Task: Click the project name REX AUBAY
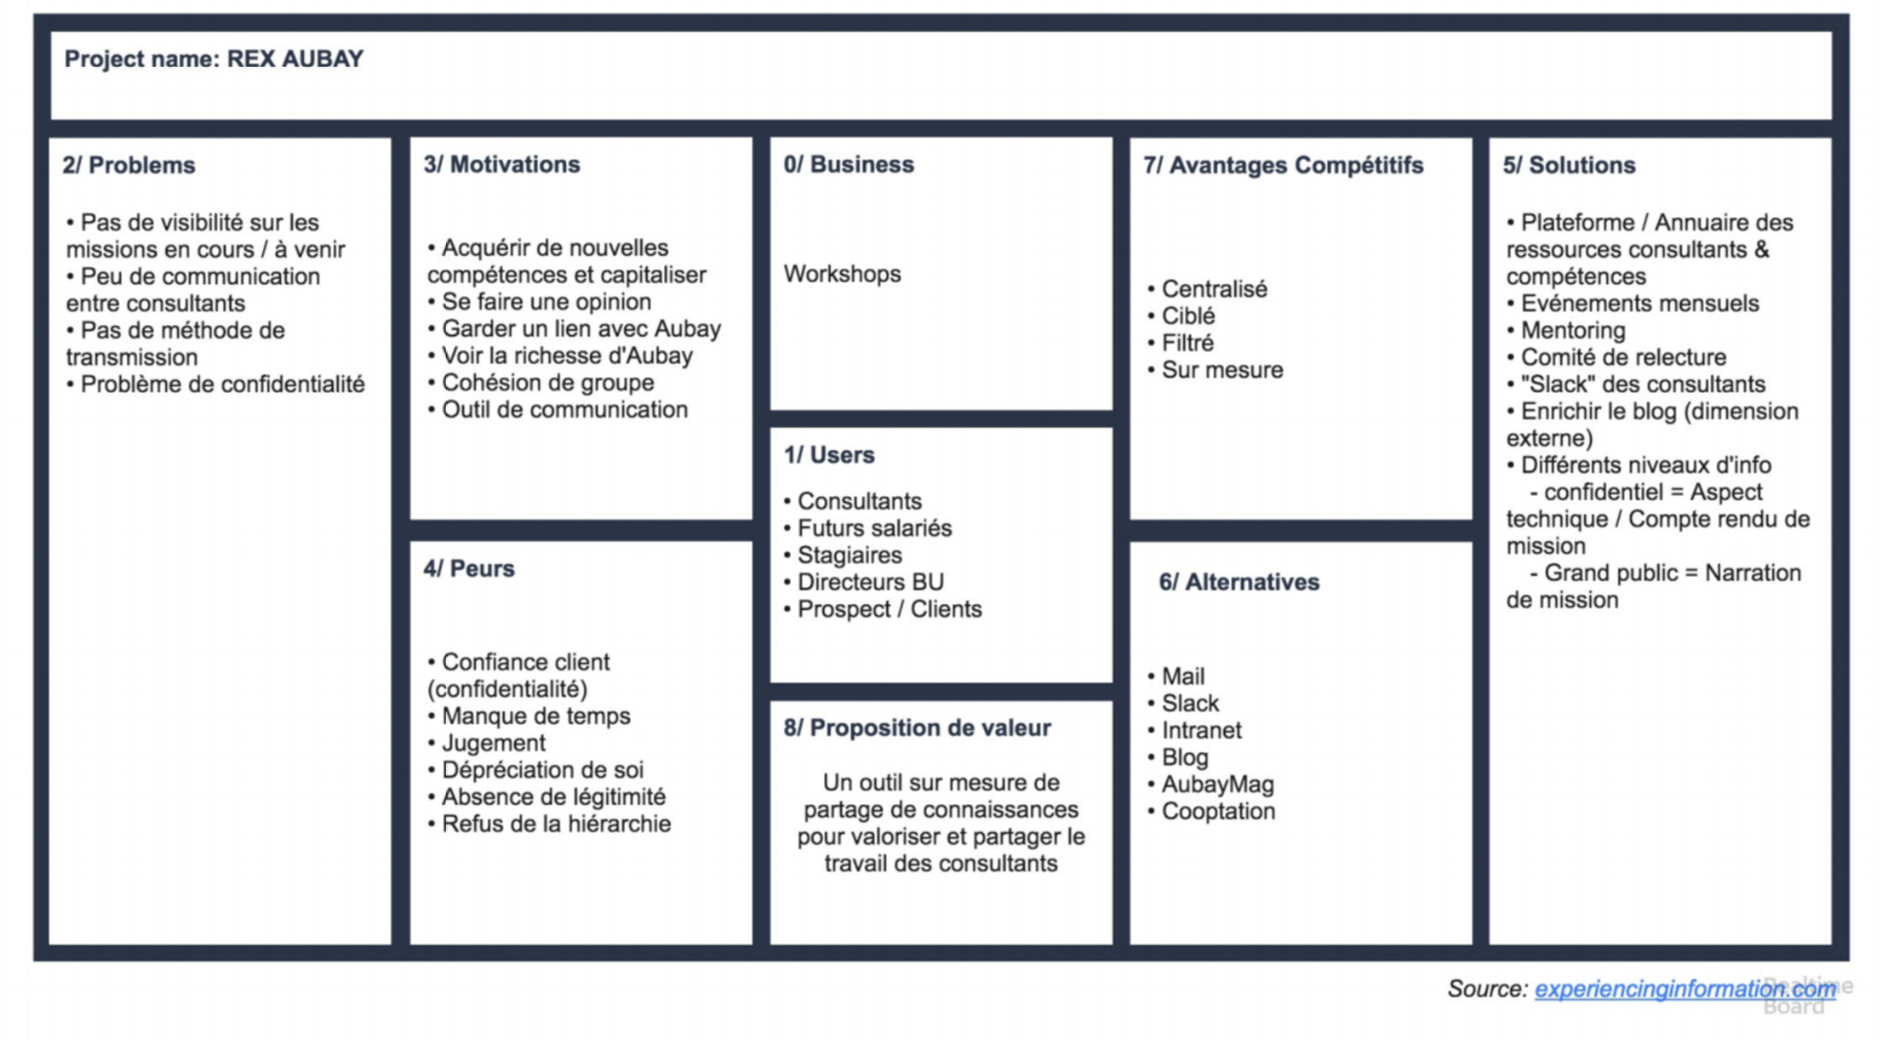pyautogui.click(x=295, y=59)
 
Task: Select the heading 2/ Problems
pyautogui.click(x=129, y=165)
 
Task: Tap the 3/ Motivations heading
pyautogui.click(x=502, y=164)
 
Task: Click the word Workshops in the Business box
pyautogui.click(x=842, y=274)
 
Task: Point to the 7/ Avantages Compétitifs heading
pyautogui.click(x=1283, y=165)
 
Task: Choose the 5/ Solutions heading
pyautogui.click(x=1569, y=165)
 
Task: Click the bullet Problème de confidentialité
pyautogui.click(x=216, y=384)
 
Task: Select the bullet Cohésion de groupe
pyautogui.click(x=541, y=382)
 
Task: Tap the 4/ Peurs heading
pyautogui.click(x=469, y=569)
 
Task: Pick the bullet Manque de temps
pyautogui.click(x=529, y=716)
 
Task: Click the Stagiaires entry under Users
pyautogui.click(x=843, y=555)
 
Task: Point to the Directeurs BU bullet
pyautogui.click(x=863, y=582)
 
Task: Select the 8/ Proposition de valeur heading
pyautogui.click(x=916, y=728)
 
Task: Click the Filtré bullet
pyautogui.click(x=1181, y=343)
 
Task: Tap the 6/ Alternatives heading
pyautogui.click(x=1239, y=582)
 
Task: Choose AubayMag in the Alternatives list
pyautogui.click(x=1210, y=785)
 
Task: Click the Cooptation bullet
pyautogui.click(x=1211, y=811)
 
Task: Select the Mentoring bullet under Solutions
pyautogui.click(x=1566, y=330)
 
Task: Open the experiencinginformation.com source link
pyautogui.click(x=1686, y=989)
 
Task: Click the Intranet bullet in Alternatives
pyautogui.click(x=1194, y=731)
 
